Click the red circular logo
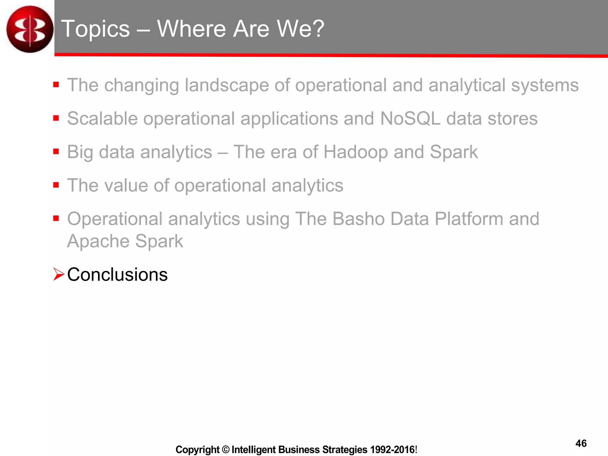click(x=30, y=29)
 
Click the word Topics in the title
click(x=96, y=29)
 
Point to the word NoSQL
click(x=410, y=118)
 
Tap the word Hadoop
click(x=355, y=152)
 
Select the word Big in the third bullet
click(x=80, y=153)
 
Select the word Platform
click(x=468, y=219)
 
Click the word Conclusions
click(x=117, y=274)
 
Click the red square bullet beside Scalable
click(x=56, y=118)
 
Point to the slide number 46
click(x=581, y=443)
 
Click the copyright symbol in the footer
click(x=226, y=449)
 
